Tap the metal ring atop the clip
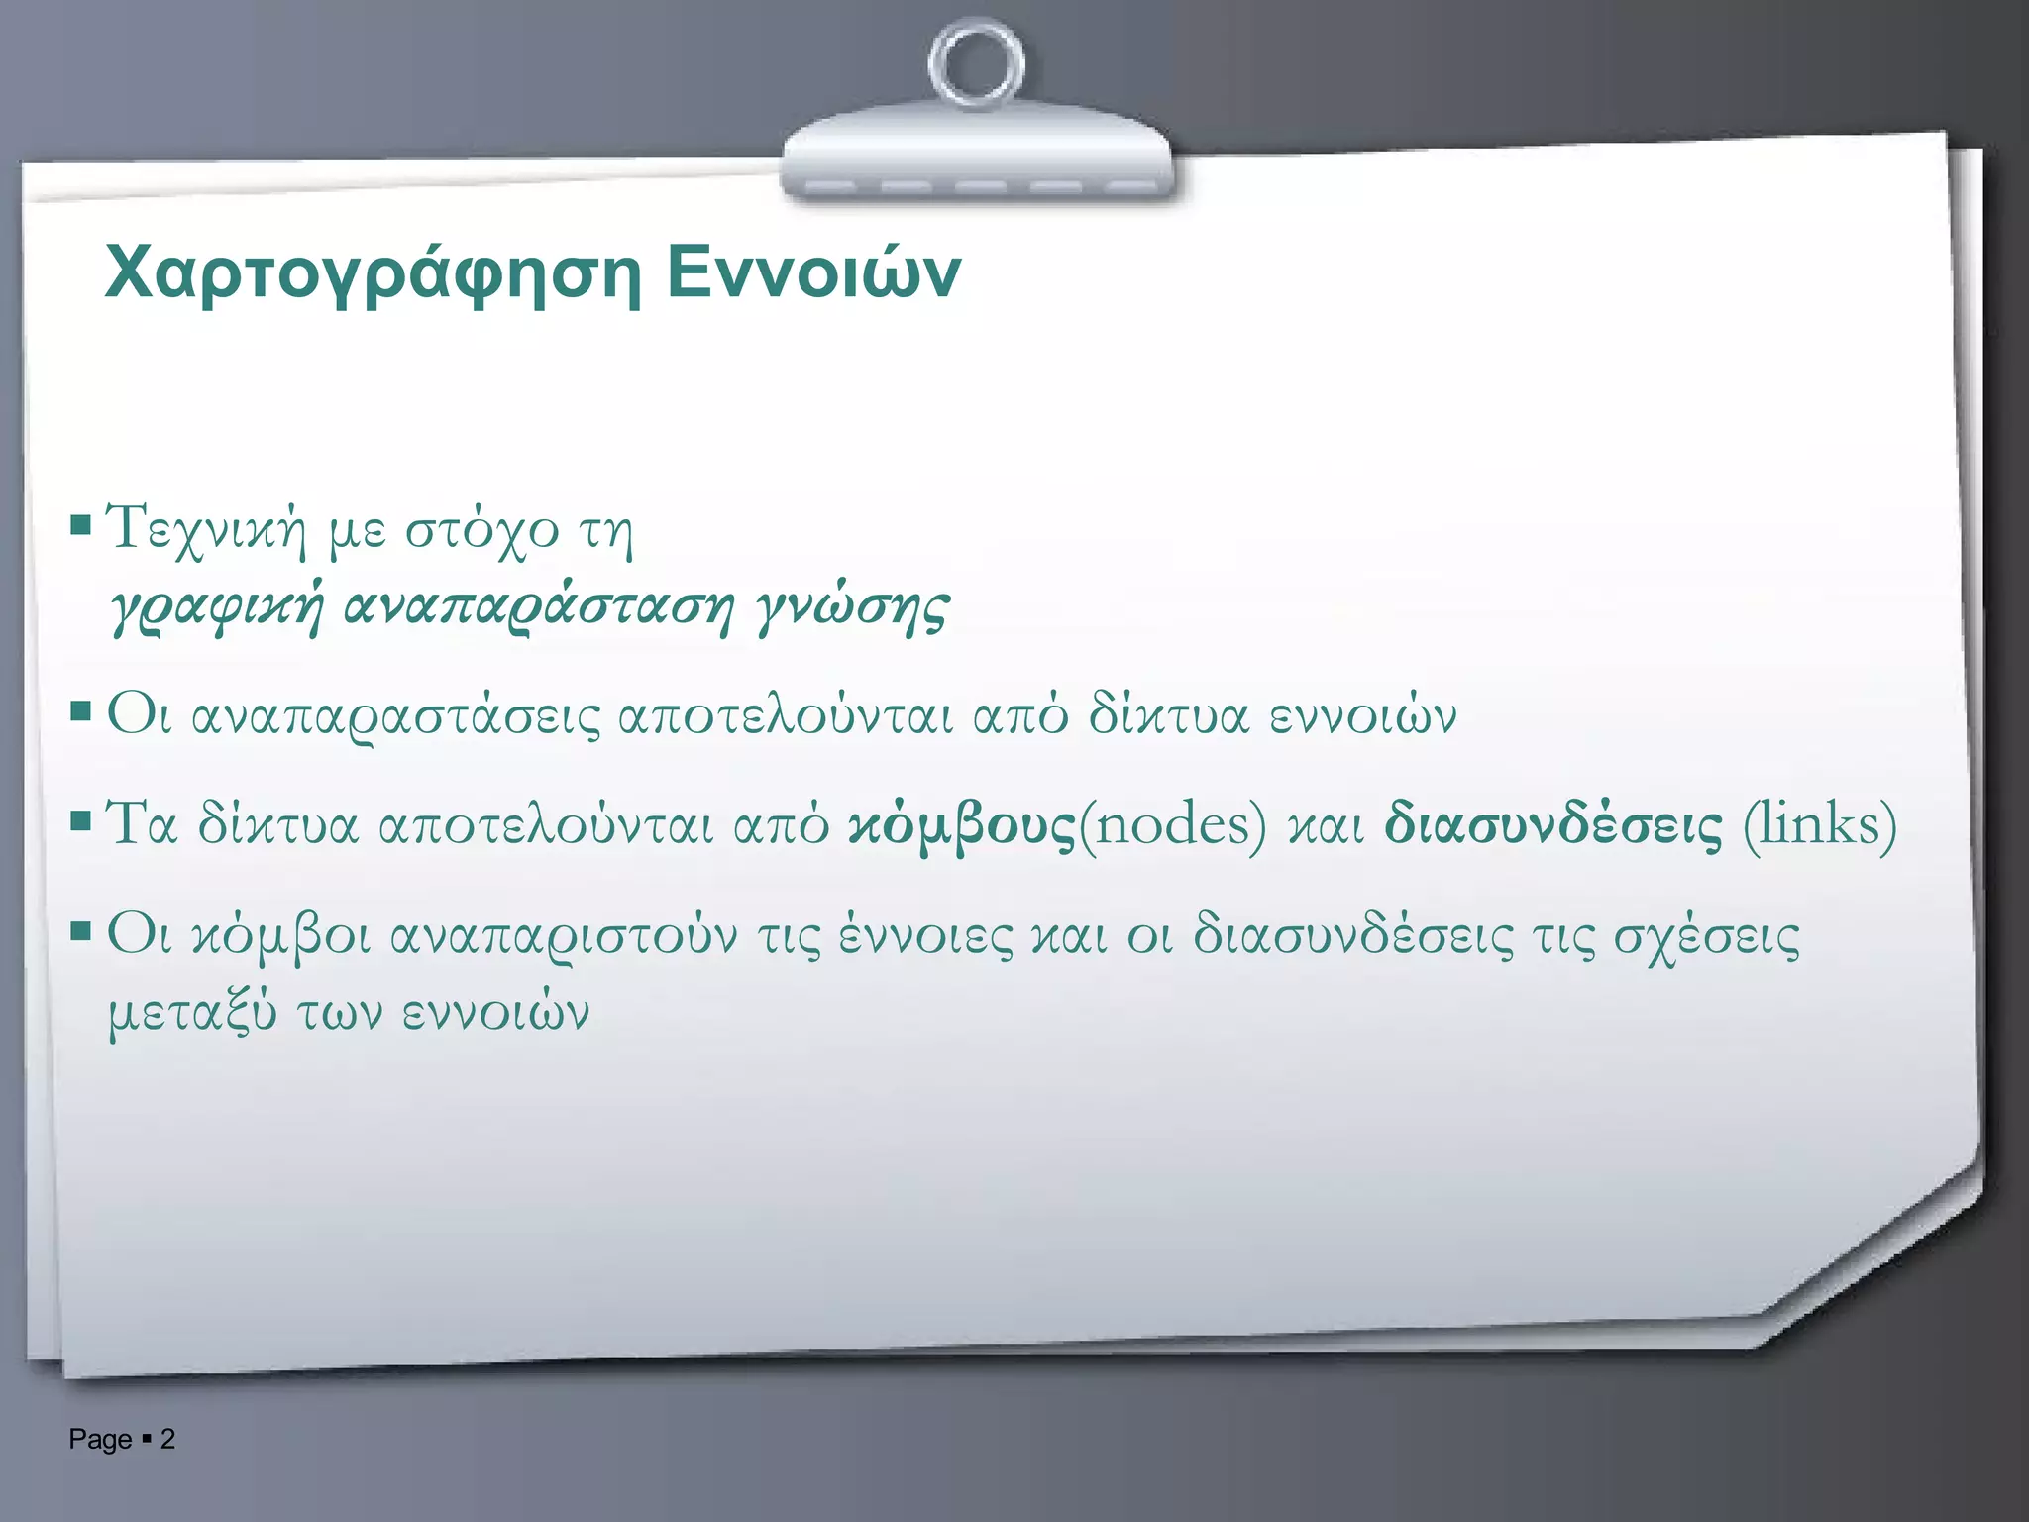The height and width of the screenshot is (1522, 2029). click(x=976, y=64)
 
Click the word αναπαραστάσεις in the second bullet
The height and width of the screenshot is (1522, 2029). click(x=395, y=716)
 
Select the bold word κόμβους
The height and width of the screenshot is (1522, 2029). click(x=961, y=825)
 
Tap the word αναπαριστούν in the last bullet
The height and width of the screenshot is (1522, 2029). click(x=564, y=936)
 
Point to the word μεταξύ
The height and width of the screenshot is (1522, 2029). click(x=192, y=1013)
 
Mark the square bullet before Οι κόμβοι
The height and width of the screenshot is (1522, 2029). click(x=81, y=930)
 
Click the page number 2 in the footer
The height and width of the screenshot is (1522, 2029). click(x=167, y=1439)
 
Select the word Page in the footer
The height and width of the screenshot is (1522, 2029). click(x=100, y=1439)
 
